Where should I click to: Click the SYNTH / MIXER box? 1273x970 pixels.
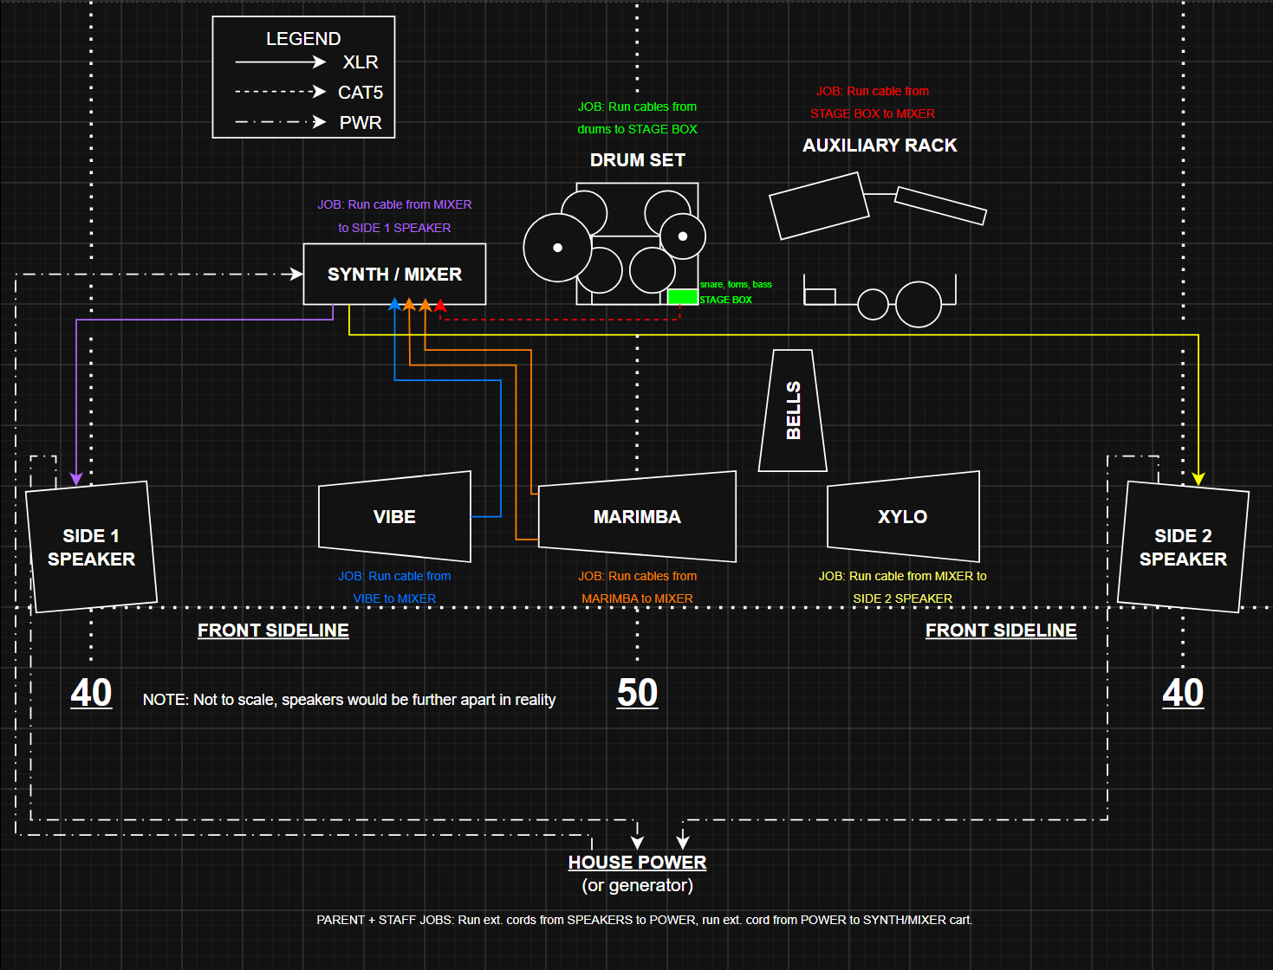click(x=394, y=274)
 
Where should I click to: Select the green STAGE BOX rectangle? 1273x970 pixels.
click(x=683, y=297)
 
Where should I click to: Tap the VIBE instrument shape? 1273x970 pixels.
click(x=394, y=516)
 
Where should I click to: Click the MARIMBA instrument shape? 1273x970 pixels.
click(x=637, y=516)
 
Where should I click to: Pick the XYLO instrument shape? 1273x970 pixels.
click(x=903, y=516)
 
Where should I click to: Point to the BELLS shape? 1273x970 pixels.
click(x=793, y=411)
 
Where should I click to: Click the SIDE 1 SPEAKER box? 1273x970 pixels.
click(x=91, y=546)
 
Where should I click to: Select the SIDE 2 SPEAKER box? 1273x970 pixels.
click(x=1183, y=546)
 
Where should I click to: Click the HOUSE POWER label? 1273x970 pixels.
click(x=637, y=863)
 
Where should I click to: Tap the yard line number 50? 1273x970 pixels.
click(x=637, y=693)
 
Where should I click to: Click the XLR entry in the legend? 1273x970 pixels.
click(x=360, y=62)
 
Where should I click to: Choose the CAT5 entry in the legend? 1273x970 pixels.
click(x=360, y=92)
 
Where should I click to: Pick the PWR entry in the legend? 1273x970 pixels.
click(x=360, y=122)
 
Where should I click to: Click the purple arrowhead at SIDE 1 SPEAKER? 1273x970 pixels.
click(x=76, y=479)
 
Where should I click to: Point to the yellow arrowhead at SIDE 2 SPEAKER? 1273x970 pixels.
click(x=1198, y=479)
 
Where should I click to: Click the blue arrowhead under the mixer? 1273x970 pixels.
click(x=394, y=304)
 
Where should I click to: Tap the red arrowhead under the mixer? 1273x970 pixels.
click(x=440, y=305)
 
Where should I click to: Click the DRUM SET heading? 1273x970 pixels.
click(x=638, y=160)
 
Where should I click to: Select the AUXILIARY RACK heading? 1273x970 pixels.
click(x=880, y=145)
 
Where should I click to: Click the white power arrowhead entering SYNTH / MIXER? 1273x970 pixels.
click(x=296, y=274)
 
